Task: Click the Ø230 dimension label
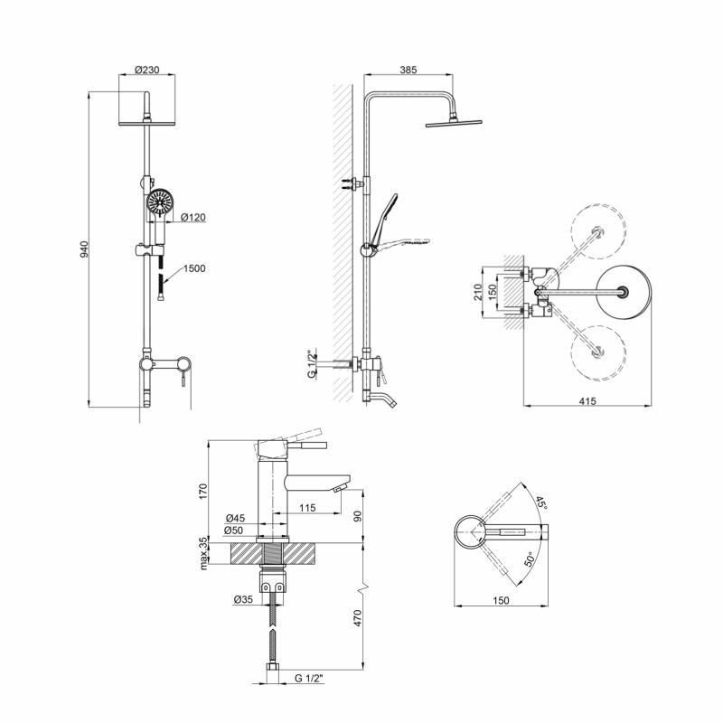pos(147,70)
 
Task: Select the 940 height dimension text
pos(84,249)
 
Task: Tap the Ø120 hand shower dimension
pos(193,217)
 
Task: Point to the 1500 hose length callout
pos(194,268)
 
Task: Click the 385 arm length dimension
pos(408,70)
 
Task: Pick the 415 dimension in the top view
pos(587,400)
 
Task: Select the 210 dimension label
pos(478,292)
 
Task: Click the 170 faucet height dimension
pos(204,491)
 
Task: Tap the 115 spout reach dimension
pos(307,508)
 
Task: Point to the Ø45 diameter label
pos(235,518)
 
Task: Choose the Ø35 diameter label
pos(243,599)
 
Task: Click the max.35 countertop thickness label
pos(204,552)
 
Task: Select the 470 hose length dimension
pos(358,618)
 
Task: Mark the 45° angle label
pos(541,502)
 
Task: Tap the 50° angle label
pos(530,559)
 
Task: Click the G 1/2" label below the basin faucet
pos(309,679)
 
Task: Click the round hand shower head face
pos(160,202)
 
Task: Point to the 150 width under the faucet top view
pos(501,600)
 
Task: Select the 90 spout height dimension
pos(358,515)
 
